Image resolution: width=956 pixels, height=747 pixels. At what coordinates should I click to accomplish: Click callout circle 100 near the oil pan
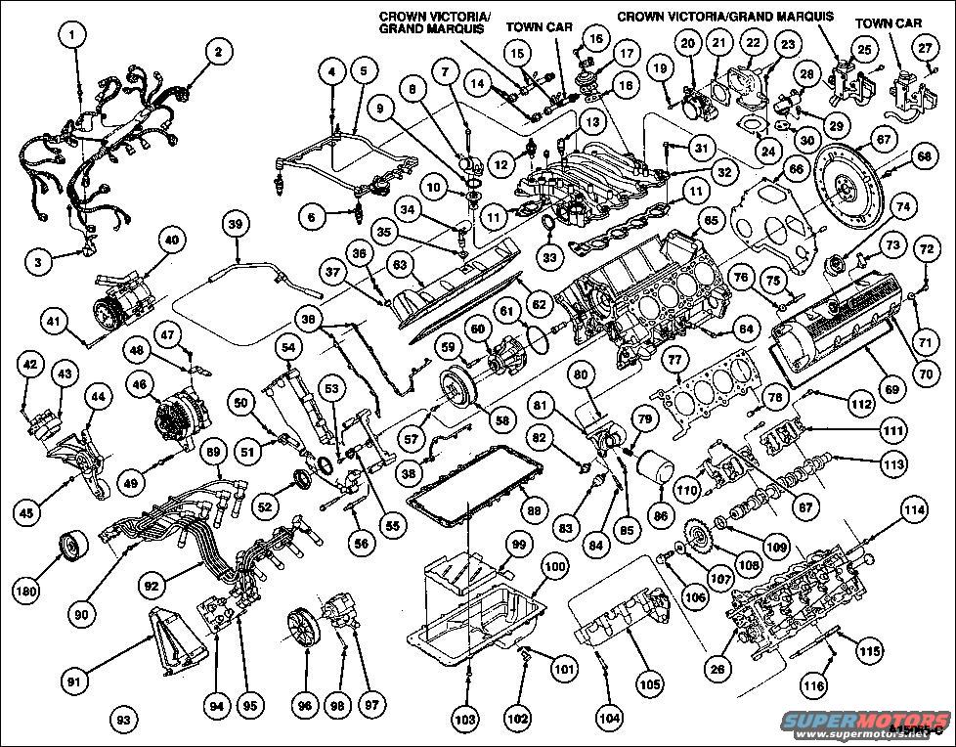tap(553, 566)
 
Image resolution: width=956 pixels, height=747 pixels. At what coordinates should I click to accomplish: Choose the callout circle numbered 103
tap(466, 721)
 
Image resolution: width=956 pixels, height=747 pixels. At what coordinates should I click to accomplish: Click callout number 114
tap(912, 509)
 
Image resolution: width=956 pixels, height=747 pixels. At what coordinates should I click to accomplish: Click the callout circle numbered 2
tap(218, 51)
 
